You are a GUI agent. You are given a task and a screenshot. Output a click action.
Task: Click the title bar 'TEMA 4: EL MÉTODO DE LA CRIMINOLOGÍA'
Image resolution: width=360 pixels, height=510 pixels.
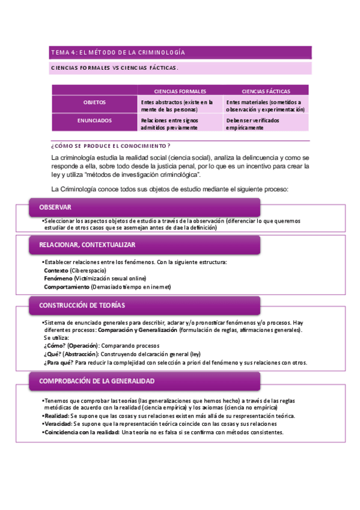pos(180,52)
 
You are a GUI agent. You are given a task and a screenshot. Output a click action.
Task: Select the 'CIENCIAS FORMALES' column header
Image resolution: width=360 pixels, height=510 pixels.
pos(180,91)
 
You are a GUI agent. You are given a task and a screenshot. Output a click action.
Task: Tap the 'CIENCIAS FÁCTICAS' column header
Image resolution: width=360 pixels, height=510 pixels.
pos(266,91)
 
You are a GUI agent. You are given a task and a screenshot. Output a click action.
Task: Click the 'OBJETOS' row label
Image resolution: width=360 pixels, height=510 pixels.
pos(94,103)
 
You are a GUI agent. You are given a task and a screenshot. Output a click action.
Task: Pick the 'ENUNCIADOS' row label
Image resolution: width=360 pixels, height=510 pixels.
pos(94,121)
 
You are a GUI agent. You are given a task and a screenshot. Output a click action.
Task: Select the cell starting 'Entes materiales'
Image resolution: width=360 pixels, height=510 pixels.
pos(265,106)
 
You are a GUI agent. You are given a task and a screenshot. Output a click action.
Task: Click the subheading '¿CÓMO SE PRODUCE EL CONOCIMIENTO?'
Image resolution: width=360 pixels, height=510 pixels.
pos(111,146)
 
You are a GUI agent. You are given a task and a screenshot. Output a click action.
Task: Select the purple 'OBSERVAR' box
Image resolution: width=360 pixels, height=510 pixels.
pos(144,207)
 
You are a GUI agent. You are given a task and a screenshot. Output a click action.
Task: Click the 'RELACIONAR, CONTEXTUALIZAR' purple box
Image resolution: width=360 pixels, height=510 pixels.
pos(144,245)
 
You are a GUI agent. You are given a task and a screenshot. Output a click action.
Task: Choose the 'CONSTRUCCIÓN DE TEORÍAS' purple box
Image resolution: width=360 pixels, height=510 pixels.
pos(144,306)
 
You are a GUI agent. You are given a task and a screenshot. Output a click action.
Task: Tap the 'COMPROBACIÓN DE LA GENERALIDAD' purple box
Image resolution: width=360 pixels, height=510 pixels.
pos(144,381)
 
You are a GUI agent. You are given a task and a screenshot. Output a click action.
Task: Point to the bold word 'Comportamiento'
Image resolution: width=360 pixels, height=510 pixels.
pos(66,287)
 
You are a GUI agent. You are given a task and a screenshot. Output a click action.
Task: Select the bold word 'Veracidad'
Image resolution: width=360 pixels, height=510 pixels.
pos(57,423)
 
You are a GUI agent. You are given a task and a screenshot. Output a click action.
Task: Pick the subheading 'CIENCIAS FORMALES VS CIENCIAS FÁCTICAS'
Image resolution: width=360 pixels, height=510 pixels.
pos(114,68)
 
